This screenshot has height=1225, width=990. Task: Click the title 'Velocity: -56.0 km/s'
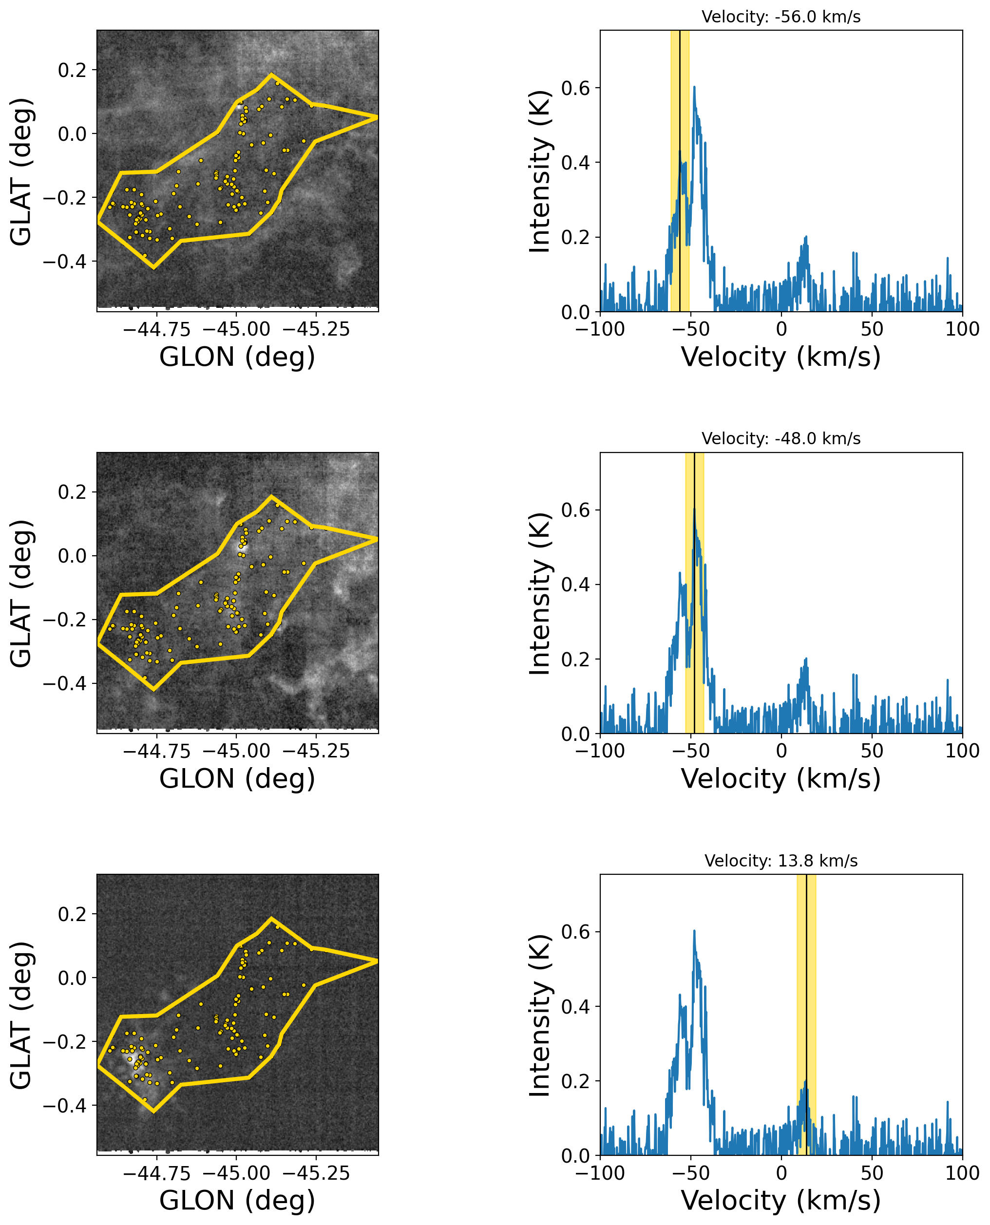[x=781, y=17]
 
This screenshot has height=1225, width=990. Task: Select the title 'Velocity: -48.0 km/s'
[x=781, y=439]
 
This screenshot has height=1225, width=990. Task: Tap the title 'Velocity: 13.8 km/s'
[x=781, y=861]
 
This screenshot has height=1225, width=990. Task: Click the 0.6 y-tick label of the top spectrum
[x=576, y=88]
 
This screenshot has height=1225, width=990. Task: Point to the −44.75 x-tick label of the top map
[x=157, y=329]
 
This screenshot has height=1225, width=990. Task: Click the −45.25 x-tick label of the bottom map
[x=316, y=1173]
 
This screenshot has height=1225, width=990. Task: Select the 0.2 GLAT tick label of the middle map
[x=73, y=492]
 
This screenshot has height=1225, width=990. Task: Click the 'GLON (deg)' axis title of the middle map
[x=237, y=779]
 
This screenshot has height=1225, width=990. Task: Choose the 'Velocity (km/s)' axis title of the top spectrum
[x=781, y=358]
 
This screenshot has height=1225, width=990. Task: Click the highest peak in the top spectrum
[x=694, y=87]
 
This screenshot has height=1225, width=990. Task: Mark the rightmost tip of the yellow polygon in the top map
[x=377, y=117]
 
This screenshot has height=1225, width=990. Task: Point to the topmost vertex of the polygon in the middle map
[x=271, y=496]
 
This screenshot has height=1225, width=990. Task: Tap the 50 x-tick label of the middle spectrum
[x=872, y=751]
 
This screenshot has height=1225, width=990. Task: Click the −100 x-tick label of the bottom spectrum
[x=600, y=1173]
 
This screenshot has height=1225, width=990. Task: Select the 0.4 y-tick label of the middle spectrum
[x=576, y=585]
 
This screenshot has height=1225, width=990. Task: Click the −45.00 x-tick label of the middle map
[x=236, y=751]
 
